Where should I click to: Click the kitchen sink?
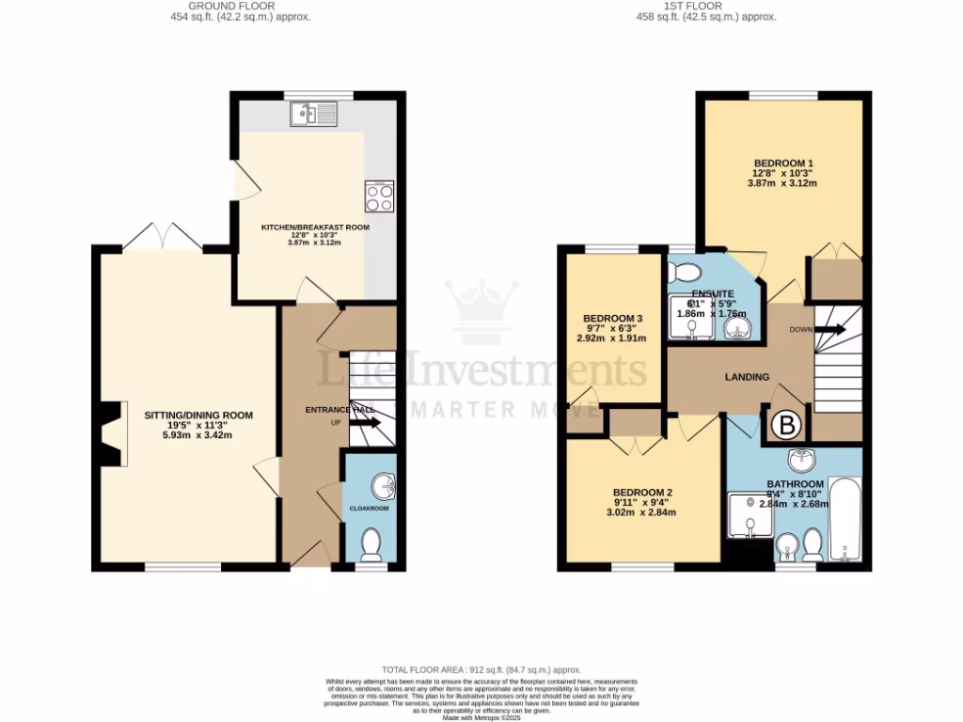coord(314,115)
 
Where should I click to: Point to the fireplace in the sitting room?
coord(113,434)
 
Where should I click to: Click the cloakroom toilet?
coord(371,542)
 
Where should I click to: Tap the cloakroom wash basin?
coord(384,486)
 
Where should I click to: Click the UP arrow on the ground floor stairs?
coord(367,423)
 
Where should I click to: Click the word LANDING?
coord(747,377)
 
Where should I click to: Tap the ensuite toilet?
coord(686,273)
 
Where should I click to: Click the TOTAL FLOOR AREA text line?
coord(481,668)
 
